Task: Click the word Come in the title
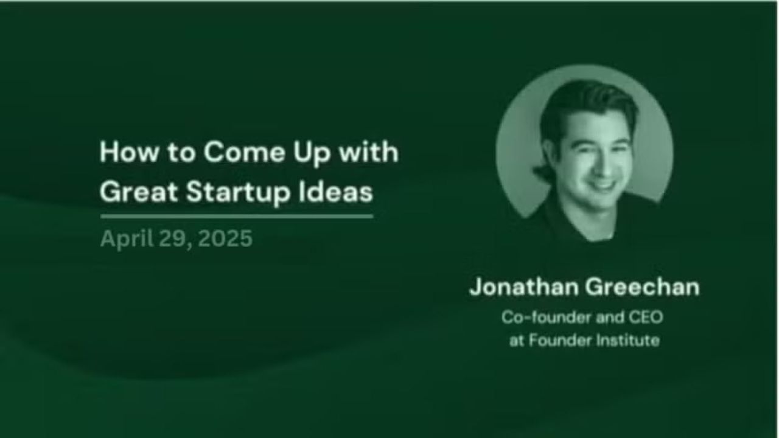(245, 152)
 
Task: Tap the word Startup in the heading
(238, 193)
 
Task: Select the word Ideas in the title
(336, 192)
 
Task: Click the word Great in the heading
(138, 192)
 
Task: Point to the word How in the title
(128, 152)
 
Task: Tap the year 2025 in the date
(225, 238)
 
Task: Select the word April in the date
(127, 239)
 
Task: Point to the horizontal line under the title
(237, 216)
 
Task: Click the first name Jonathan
(524, 287)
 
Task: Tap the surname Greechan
(642, 287)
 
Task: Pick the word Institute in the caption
(627, 340)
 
